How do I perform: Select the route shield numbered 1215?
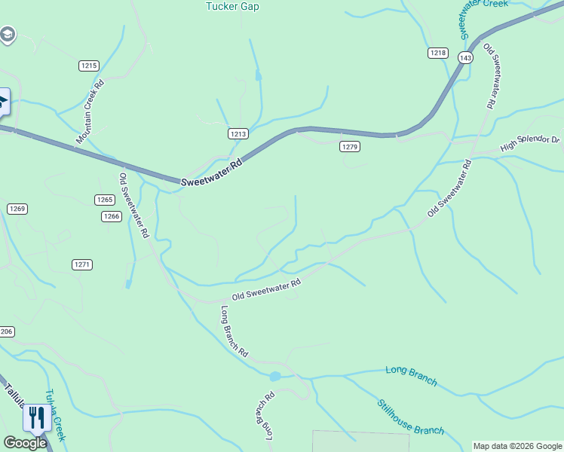89,66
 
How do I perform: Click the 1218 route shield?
438,53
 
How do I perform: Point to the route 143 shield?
465,58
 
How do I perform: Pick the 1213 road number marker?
238,133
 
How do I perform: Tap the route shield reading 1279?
349,146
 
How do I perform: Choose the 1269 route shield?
17,209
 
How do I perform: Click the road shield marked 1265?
105,200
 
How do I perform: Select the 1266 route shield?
111,216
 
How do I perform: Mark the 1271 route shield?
82,264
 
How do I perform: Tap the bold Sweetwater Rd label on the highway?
213,172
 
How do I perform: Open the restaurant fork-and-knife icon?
36,417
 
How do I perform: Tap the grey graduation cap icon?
7,35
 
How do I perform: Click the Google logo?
25,443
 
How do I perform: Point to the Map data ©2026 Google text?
517,446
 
